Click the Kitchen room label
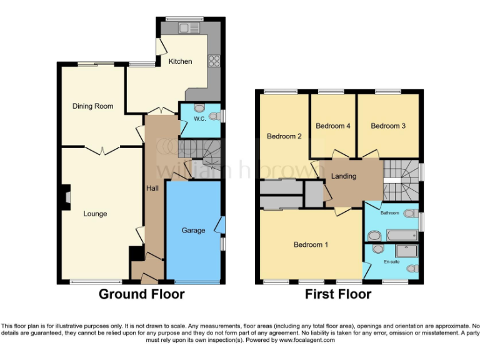(180, 61)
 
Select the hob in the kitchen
(214, 61)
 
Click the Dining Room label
(92, 106)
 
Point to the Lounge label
(95, 214)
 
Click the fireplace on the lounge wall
(66, 197)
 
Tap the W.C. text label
(200, 119)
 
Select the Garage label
(193, 231)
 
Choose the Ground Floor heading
(141, 294)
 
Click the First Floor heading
(338, 294)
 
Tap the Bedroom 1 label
(311, 245)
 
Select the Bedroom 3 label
(388, 126)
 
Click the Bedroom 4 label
(332, 126)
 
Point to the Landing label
(344, 176)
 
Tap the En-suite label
(391, 261)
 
